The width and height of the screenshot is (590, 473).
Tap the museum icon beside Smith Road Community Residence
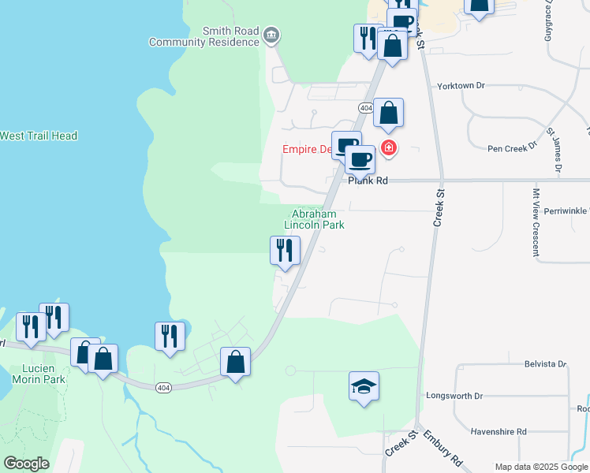pos(271,34)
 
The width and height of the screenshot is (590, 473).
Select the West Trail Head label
pos(39,136)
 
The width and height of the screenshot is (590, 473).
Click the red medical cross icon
pos(388,147)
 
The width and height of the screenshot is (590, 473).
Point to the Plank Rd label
pos(368,181)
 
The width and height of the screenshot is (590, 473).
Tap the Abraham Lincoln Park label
pos(314,218)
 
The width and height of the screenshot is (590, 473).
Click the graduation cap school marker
pos(364,386)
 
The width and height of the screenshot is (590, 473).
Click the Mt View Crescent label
pos(535,222)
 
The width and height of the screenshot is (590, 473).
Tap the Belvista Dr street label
pos(546,363)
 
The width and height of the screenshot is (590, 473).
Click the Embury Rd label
pos(442,447)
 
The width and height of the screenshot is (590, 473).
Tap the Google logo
pos(26,464)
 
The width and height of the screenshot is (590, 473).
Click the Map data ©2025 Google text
pos(541,467)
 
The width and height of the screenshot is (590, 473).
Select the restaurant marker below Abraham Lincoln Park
pos(284,251)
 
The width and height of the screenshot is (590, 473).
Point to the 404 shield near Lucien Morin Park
pos(163,387)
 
